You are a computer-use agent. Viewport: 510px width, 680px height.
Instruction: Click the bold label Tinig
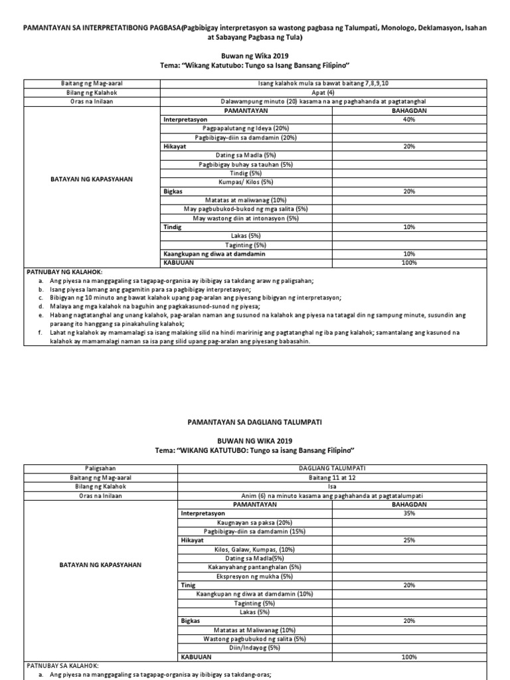(x=188, y=585)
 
